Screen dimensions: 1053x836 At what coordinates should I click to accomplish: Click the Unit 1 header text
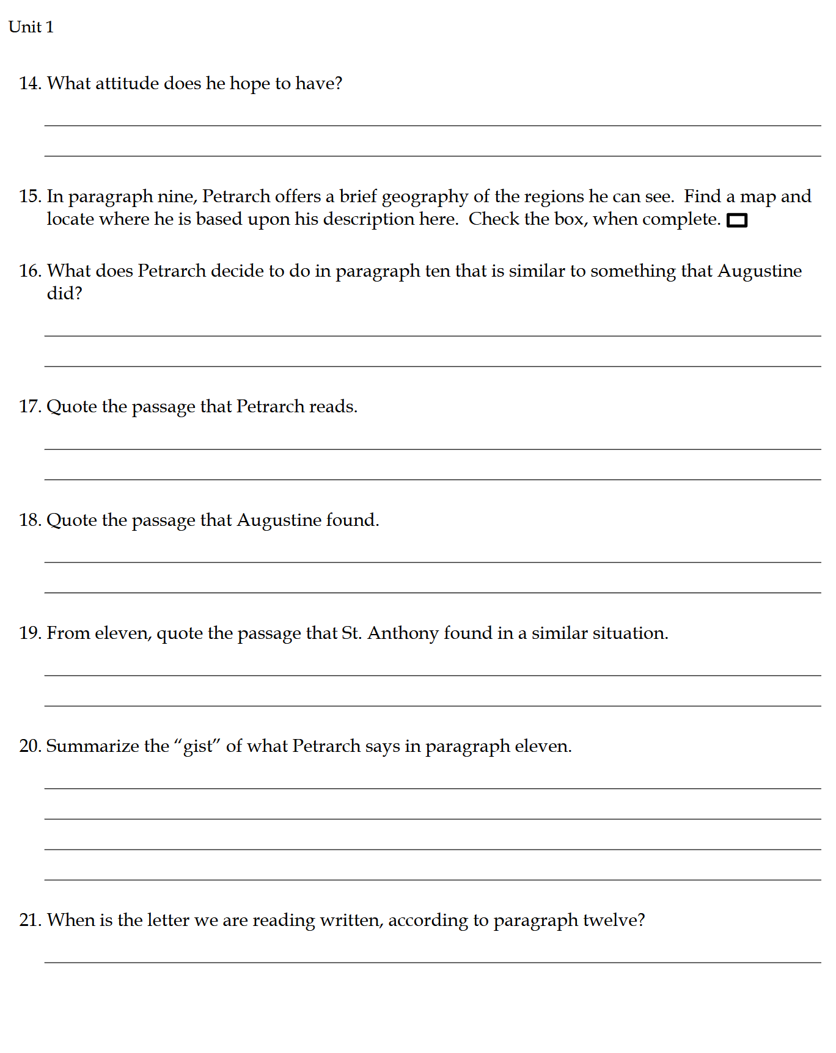[x=31, y=27]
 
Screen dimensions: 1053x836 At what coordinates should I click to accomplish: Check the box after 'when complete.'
[x=737, y=220]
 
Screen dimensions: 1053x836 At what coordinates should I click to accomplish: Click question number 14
[x=30, y=83]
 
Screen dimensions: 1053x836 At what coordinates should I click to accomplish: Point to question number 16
[x=30, y=271]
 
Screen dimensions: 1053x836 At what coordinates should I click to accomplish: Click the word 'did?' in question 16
[x=64, y=294]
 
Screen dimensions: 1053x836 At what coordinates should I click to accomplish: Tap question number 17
[x=30, y=406]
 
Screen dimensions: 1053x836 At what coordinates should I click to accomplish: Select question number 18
[x=30, y=520]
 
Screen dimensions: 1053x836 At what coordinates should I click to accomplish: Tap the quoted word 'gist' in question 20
[x=197, y=746]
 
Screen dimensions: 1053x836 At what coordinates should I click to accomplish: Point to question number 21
[x=30, y=920]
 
